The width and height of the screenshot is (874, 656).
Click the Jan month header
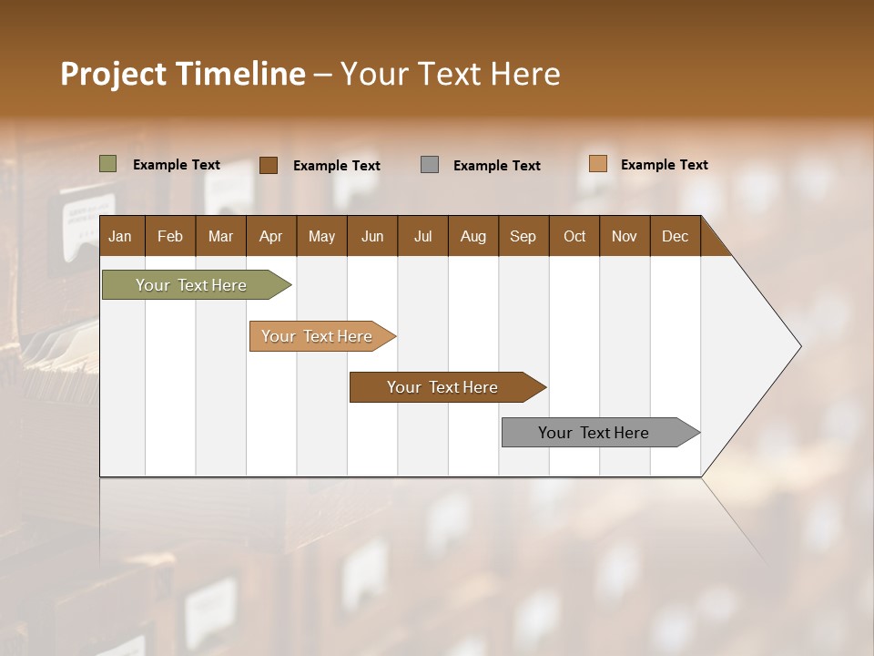(120, 236)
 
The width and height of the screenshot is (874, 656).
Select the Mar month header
(220, 236)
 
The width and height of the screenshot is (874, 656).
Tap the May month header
(321, 236)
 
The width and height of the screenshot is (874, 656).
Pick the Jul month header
(422, 236)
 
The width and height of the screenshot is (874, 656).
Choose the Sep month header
(523, 236)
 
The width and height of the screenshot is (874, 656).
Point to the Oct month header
(574, 236)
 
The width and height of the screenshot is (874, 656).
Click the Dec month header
(675, 236)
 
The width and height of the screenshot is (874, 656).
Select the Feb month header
(170, 236)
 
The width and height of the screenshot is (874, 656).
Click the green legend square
(108, 164)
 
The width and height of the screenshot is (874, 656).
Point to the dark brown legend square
(269, 165)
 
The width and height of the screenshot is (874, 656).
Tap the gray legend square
(430, 165)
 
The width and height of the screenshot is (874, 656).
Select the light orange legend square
(597, 164)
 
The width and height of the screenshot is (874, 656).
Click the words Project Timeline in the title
(183, 74)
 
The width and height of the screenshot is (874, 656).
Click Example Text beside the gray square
(497, 166)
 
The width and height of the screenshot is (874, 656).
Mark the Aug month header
(473, 236)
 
